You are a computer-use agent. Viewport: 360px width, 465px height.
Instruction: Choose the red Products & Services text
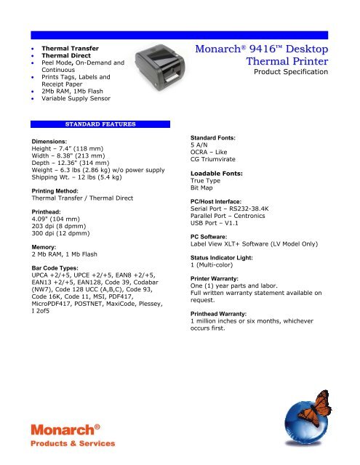(x=72, y=442)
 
